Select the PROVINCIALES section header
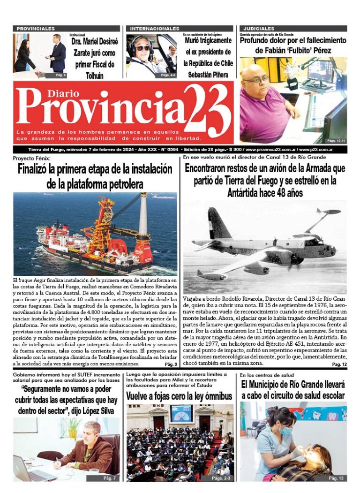[x=36, y=29]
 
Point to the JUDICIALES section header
[x=257, y=29]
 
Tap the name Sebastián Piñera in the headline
[x=207, y=74]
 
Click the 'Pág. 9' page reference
[x=171, y=364]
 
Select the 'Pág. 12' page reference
[x=339, y=364]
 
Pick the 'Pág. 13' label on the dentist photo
[x=336, y=478]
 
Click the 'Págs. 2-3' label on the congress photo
[x=221, y=478]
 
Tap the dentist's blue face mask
[x=286, y=430]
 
